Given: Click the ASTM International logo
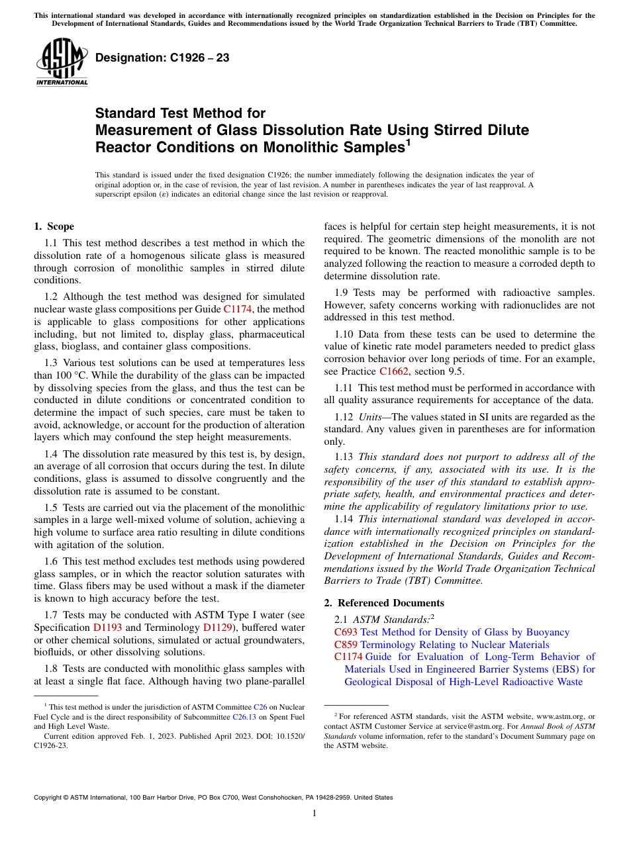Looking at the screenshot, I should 61,63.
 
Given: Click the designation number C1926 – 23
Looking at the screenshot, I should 162,58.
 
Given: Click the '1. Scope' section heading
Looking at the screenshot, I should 54,226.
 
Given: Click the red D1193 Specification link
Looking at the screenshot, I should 107,627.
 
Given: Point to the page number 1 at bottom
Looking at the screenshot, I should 314,814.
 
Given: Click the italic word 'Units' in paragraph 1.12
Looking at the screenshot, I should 370,417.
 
